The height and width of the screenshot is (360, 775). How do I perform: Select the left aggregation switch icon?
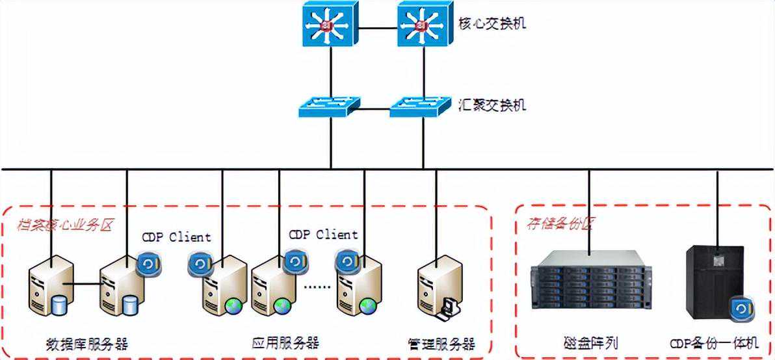tap(330, 106)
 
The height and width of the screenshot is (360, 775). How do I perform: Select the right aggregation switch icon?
tap(421, 106)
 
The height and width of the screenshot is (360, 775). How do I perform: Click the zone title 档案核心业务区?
tap(65, 226)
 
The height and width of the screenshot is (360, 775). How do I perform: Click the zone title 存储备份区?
tap(559, 225)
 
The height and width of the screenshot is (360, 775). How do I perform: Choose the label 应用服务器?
tap(285, 342)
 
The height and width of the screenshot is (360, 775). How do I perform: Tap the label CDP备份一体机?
tap(715, 342)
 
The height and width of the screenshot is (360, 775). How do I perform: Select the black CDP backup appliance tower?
tap(714, 286)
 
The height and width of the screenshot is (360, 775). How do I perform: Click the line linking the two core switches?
tap(377, 27)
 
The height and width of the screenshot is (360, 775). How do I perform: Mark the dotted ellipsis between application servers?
tap(318, 287)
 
